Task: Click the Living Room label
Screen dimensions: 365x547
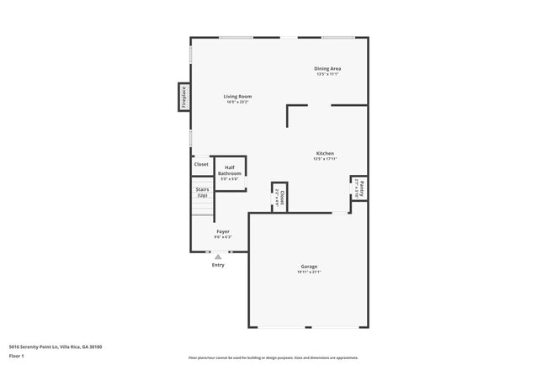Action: (x=237, y=97)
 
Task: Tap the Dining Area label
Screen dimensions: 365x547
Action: (x=328, y=68)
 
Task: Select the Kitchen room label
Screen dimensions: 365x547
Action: (x=324, y=153)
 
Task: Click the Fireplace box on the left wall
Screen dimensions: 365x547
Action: (x=183, y=97)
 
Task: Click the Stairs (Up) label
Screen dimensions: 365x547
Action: (x=202, y=193)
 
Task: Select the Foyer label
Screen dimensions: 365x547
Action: (x=223, y=231)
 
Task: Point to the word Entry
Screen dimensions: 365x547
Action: (x=218, y=265)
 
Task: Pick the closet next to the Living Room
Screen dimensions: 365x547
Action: (x=201, y=165)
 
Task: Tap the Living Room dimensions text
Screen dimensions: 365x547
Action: (x=237, y=103)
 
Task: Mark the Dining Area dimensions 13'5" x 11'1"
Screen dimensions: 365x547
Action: (x=328, y=74)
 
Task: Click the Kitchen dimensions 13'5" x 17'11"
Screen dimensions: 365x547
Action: (x=324, y=159)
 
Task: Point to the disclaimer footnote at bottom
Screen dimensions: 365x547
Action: (x=273, y=358)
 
